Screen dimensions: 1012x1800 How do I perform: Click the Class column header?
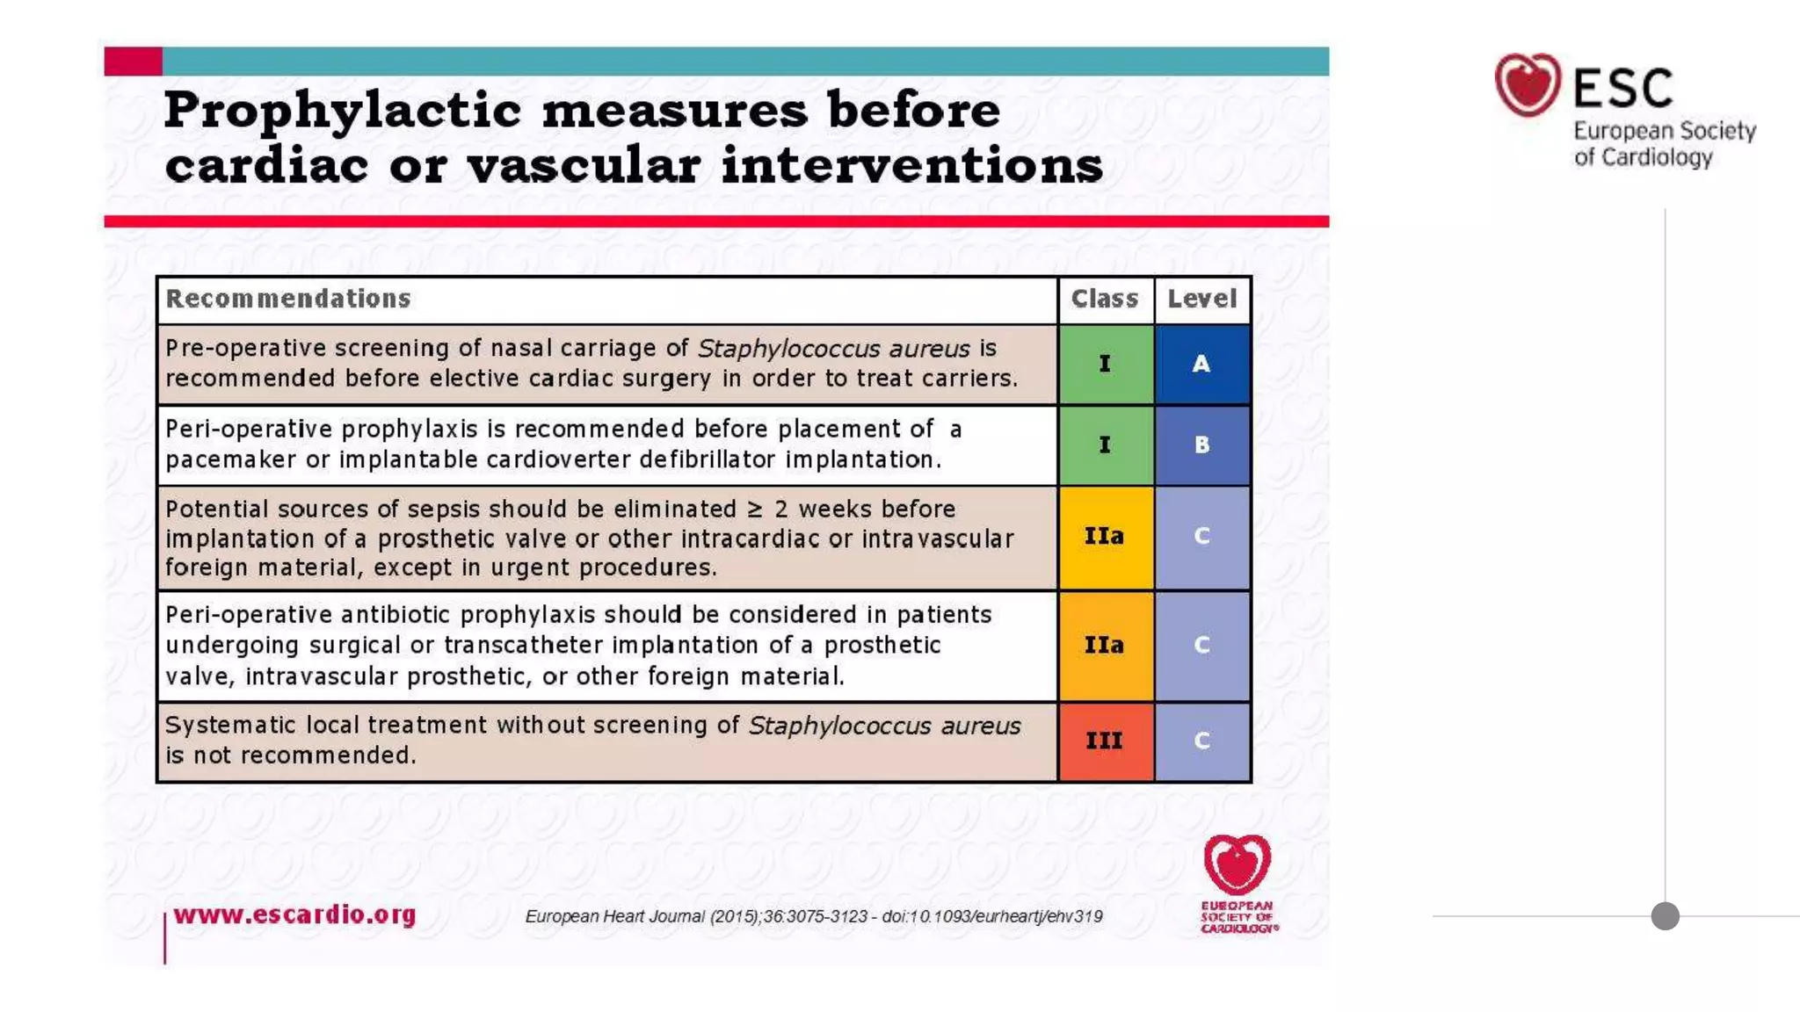click(x=1104, y=300)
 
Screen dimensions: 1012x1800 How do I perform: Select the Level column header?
click(x=1201, y=300)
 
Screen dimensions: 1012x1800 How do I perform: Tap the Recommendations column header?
click(x=288, y=300)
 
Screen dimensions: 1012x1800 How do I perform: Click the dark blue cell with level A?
click(x=1201, y=364)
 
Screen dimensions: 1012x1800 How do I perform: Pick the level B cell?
click(x=1201, y=445)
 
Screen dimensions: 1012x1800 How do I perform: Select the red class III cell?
click(x=1105, y=741)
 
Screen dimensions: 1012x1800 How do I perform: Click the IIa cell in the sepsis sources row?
click(x=1105, y=536)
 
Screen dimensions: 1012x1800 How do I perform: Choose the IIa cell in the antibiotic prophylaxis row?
click(x=1105, y=645)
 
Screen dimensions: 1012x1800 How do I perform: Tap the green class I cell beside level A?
click(x=1105, y=364)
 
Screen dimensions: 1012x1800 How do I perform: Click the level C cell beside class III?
click(x=1201, y=741)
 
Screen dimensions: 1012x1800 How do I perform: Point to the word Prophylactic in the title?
click(x=343, y=111)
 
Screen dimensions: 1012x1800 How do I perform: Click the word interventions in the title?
click(x=911, y=165)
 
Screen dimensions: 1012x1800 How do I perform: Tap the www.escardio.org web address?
click(x=294, y=914)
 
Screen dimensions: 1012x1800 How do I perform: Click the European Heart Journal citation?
click(x=813, y=916)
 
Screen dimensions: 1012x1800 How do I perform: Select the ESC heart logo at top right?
click(x=1528, y=85)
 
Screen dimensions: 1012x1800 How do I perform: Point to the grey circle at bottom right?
click(x=1665, y=916)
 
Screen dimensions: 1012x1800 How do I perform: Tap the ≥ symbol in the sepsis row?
click(x=754, y=510)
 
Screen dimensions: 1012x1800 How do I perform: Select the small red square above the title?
click(x=133, y=61)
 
